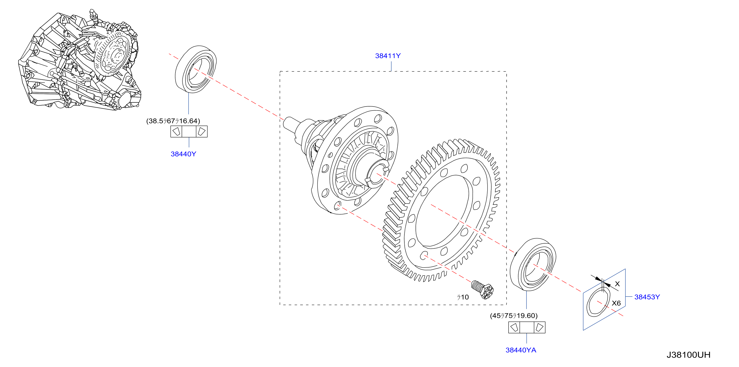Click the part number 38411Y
[388, 56]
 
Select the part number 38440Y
[183, 154]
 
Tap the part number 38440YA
[521, 350]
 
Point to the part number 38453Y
[647, 297]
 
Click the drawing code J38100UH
[688, 355]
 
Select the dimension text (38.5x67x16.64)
[173, 121]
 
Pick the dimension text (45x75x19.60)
[514, 316]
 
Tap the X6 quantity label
[616, 303]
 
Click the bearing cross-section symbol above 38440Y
[189, 132]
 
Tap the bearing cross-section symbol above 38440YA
[527, 327]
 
